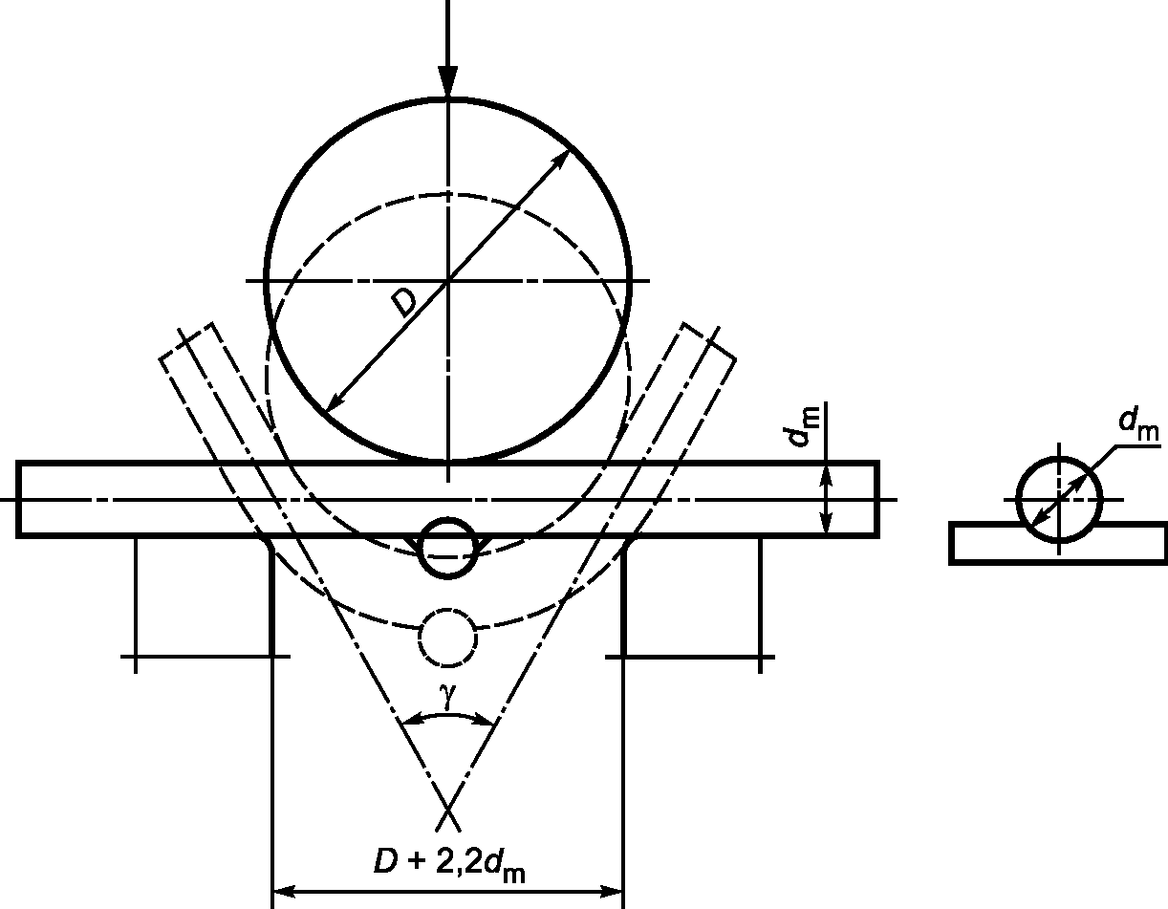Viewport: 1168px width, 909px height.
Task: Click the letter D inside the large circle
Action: (403, 302)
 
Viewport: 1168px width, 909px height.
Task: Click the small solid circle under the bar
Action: (447, 548)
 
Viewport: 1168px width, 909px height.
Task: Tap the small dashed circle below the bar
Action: (447, 638)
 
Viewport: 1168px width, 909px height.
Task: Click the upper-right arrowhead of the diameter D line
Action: (562, 159)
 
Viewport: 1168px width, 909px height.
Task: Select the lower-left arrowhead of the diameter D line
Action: (335, 402)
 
